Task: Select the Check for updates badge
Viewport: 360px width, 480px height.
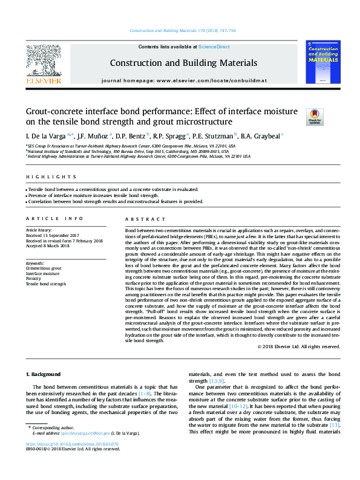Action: pos(296,115)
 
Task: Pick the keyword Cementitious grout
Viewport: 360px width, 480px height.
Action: pos(43,268)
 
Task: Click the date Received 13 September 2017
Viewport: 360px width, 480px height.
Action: pos(53,236)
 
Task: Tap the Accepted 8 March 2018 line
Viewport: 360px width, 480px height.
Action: pos(48,245)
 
